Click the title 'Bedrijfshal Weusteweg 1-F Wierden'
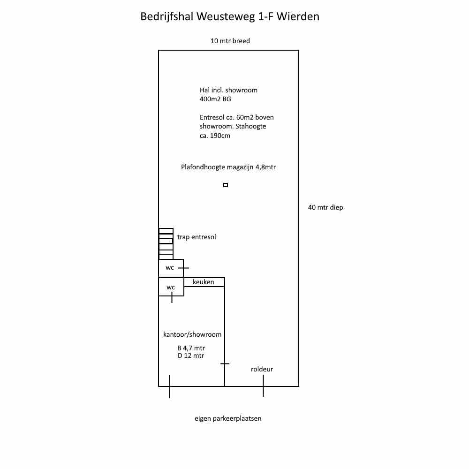point(230,16)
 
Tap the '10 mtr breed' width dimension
point(230,41)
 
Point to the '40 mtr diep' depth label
point(325,207)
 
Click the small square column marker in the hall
point(226,185)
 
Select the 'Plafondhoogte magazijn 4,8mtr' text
point(228,167)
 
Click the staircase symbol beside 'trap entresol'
point(166,244)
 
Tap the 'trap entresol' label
point(197,237)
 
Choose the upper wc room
point(171,268)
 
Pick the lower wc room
point(171,287)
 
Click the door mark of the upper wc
point(184,268)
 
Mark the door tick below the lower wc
point(172,297)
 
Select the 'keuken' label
point(204,282)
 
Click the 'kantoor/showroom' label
point(192,334)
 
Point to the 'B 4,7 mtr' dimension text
point(191,348)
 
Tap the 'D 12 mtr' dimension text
point(191,356)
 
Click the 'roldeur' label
point(262,369)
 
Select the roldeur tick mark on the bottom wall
point(263,386)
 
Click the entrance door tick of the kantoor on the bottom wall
point(170,386)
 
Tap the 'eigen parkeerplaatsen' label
point(228,418)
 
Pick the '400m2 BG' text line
point(215,99)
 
